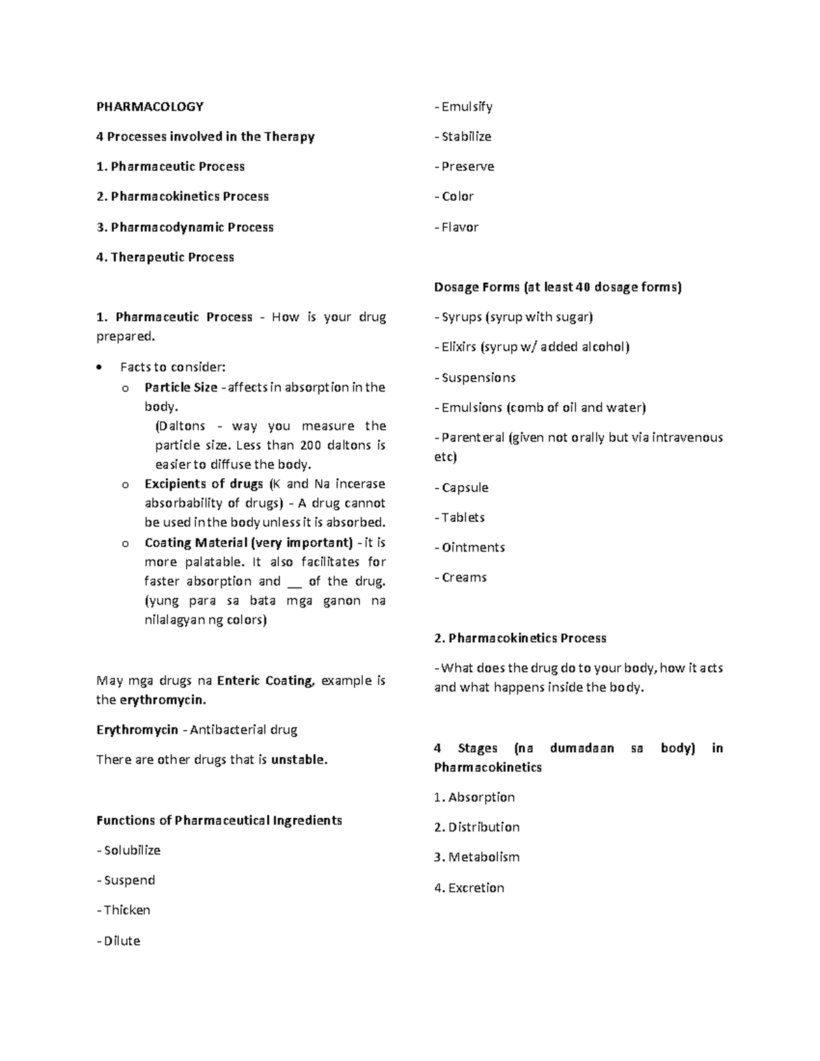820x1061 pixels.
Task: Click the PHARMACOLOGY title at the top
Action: point(150,107)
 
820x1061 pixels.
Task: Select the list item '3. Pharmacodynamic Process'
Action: point(184,227)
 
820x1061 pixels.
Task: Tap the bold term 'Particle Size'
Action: point(180,387)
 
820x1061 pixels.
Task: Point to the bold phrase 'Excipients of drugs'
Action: point(204,484)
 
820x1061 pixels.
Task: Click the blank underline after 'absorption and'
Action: point(295,582)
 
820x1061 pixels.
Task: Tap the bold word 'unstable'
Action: point(298,760)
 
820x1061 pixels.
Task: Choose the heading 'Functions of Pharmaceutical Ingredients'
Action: point(219,820)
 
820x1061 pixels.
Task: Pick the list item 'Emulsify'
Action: point(467,107)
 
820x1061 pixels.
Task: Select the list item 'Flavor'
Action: point(459,227)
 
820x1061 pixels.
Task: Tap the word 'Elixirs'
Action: point(459,347)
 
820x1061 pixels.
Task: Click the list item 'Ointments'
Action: point(473,547)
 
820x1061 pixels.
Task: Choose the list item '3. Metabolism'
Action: point(476,857)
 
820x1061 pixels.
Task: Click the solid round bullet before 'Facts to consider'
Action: point(100,368)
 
